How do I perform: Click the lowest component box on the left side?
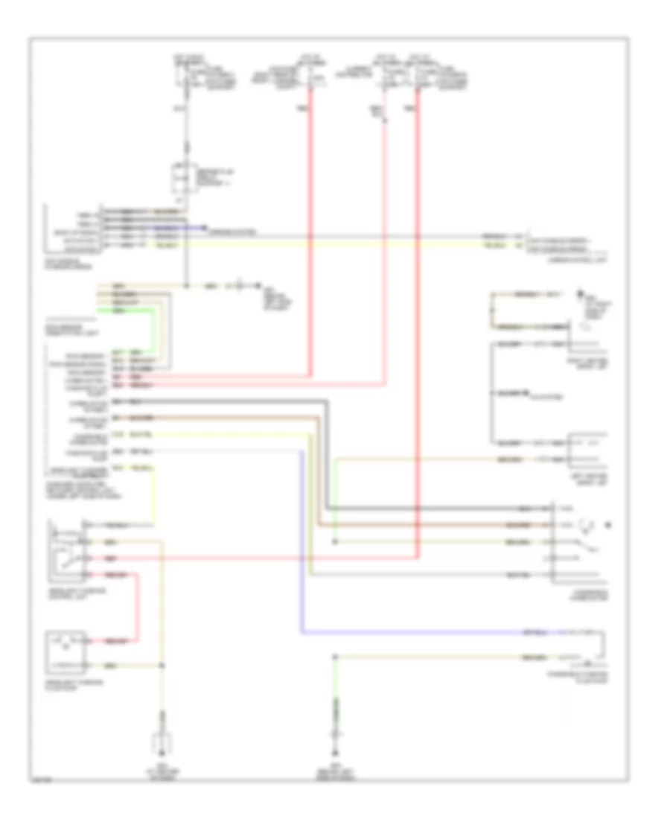click(x=66, y=650)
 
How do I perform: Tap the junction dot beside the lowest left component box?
click(x=163, y=663)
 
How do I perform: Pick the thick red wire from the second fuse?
click(x=311, y=223)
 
